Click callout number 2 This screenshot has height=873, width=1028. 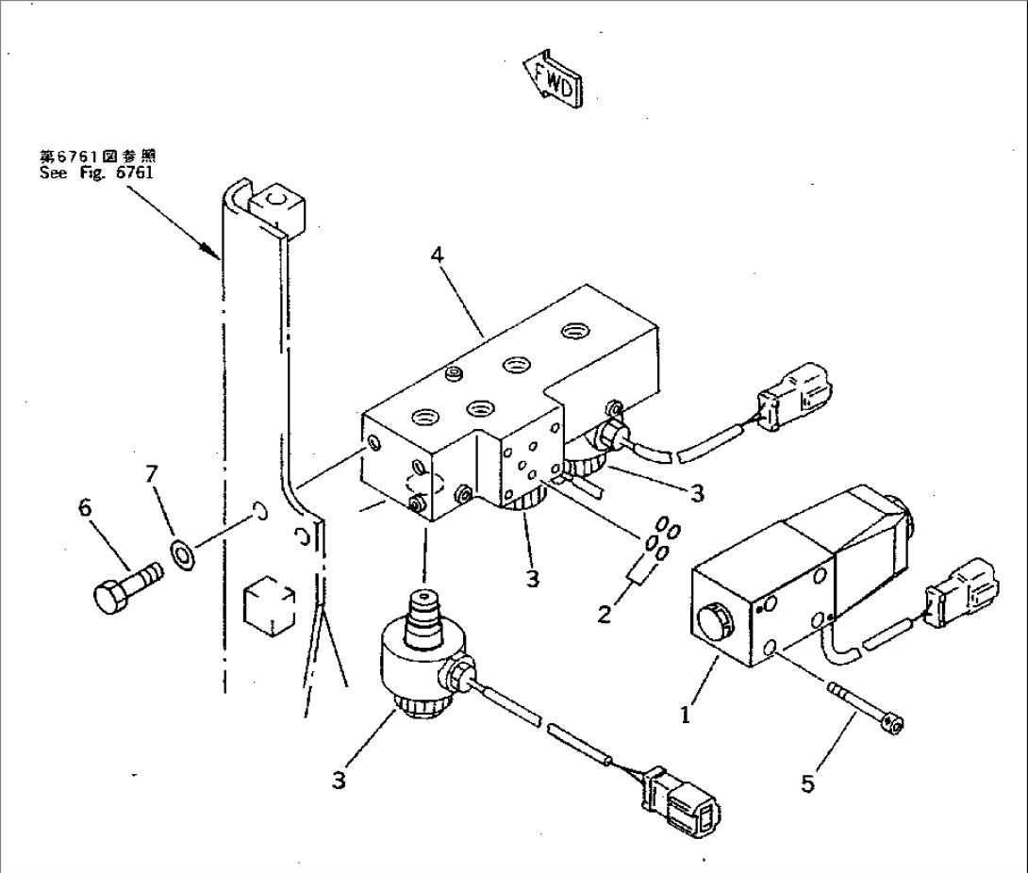coord(604,615)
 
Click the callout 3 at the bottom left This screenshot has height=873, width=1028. coord(338,780)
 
